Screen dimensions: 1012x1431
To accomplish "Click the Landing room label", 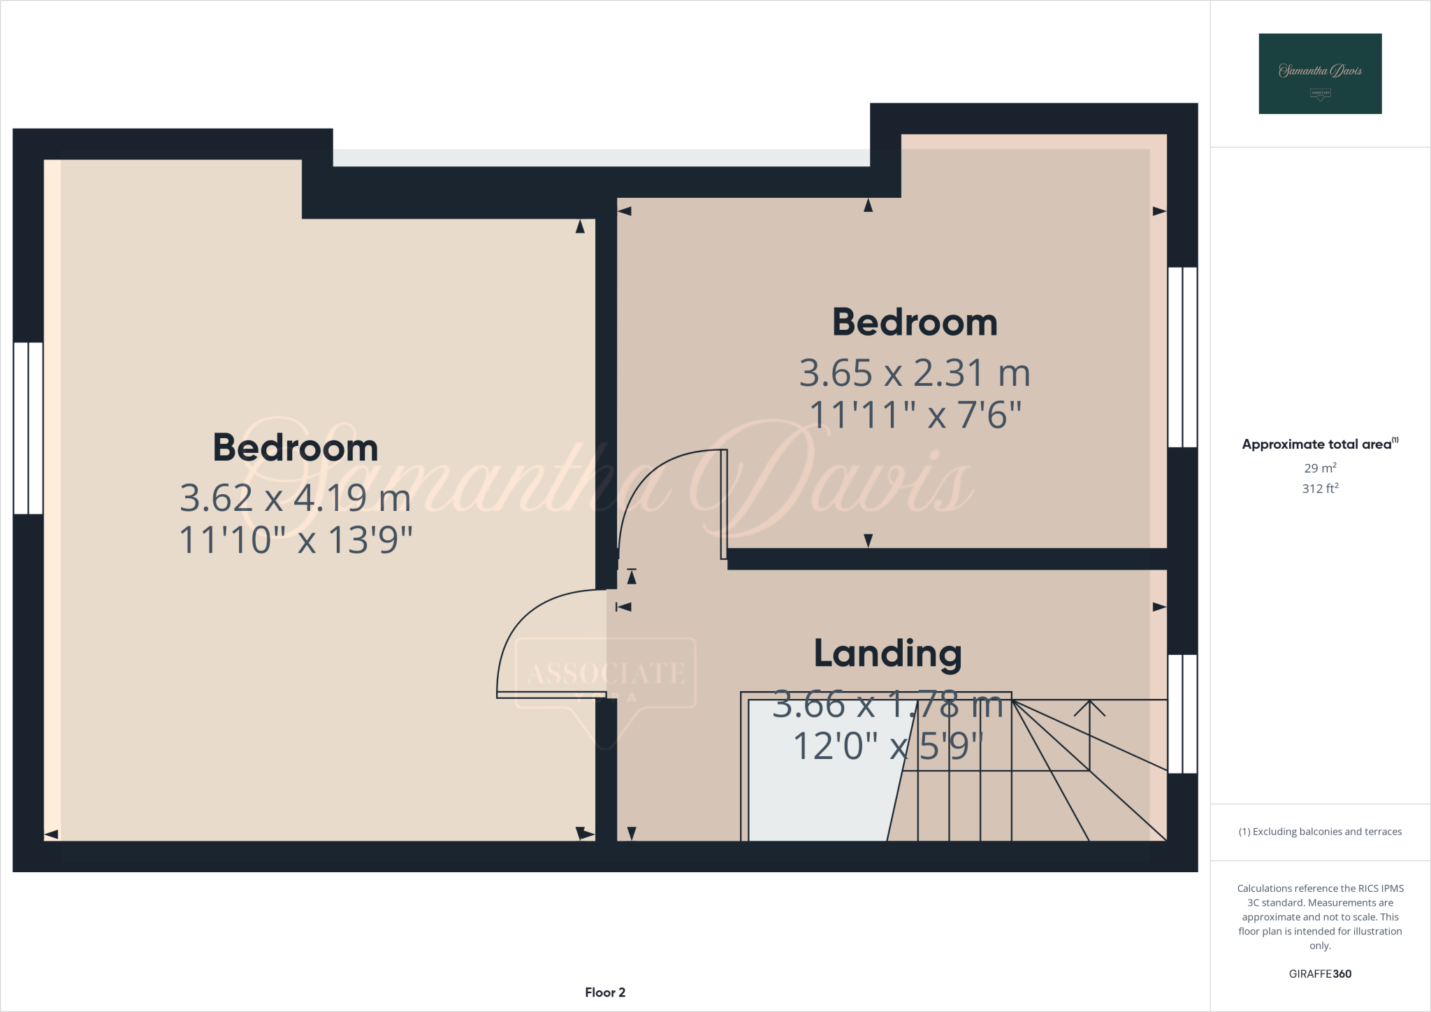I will pos(887,654).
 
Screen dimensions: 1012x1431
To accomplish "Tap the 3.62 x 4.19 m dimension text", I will pos(296,498).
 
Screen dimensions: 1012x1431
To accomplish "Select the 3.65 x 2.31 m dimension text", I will pos(915,373).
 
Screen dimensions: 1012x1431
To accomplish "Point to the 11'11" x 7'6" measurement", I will pos(915,415).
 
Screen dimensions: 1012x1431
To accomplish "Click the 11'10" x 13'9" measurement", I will pos(296,540).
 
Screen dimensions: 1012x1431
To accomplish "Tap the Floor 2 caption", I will pos(605,992).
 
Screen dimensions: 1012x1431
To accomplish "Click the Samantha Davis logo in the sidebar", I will pos(1320,73).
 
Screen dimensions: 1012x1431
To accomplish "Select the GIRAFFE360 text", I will pos(1320,974).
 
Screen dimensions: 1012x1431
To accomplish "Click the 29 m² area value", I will pos(1320,468).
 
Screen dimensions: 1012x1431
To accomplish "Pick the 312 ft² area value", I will pos(1320,489).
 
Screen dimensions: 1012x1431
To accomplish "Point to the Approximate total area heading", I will pos(1320,444).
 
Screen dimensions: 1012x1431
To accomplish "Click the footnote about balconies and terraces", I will pos(1320,832).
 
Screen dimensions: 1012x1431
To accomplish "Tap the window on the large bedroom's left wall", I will pos(28,428).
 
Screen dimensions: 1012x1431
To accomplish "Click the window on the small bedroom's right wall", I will pos(1183,356).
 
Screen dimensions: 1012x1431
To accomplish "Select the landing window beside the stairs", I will pos(1183,714).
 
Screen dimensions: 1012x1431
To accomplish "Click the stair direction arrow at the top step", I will pos(1089,709).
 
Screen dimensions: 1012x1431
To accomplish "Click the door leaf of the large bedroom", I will pos(551,695).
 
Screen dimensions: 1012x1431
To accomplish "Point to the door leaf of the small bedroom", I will pos(725,504).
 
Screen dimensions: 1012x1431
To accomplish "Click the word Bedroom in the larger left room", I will pos(296,448).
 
